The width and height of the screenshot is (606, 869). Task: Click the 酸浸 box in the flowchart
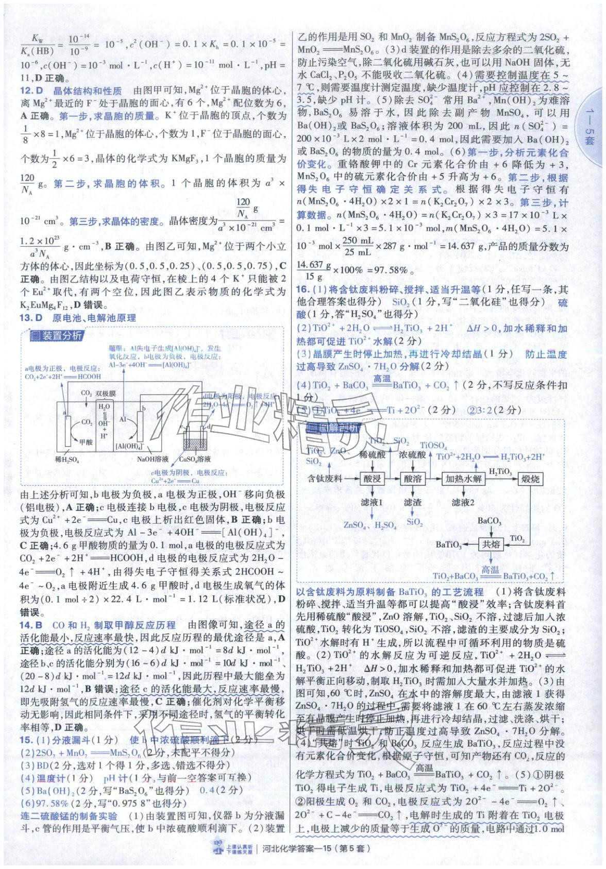click(x=373, y=479)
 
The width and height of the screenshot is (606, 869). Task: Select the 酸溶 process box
click(x=413, y=479)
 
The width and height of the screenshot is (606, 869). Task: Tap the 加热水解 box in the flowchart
click(x=463, y=479)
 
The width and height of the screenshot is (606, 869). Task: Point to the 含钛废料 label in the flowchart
click(x=325, y=479)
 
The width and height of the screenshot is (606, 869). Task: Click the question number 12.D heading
click(x=31, y=91)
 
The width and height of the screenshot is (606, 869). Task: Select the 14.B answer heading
click(x=31, y=625)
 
